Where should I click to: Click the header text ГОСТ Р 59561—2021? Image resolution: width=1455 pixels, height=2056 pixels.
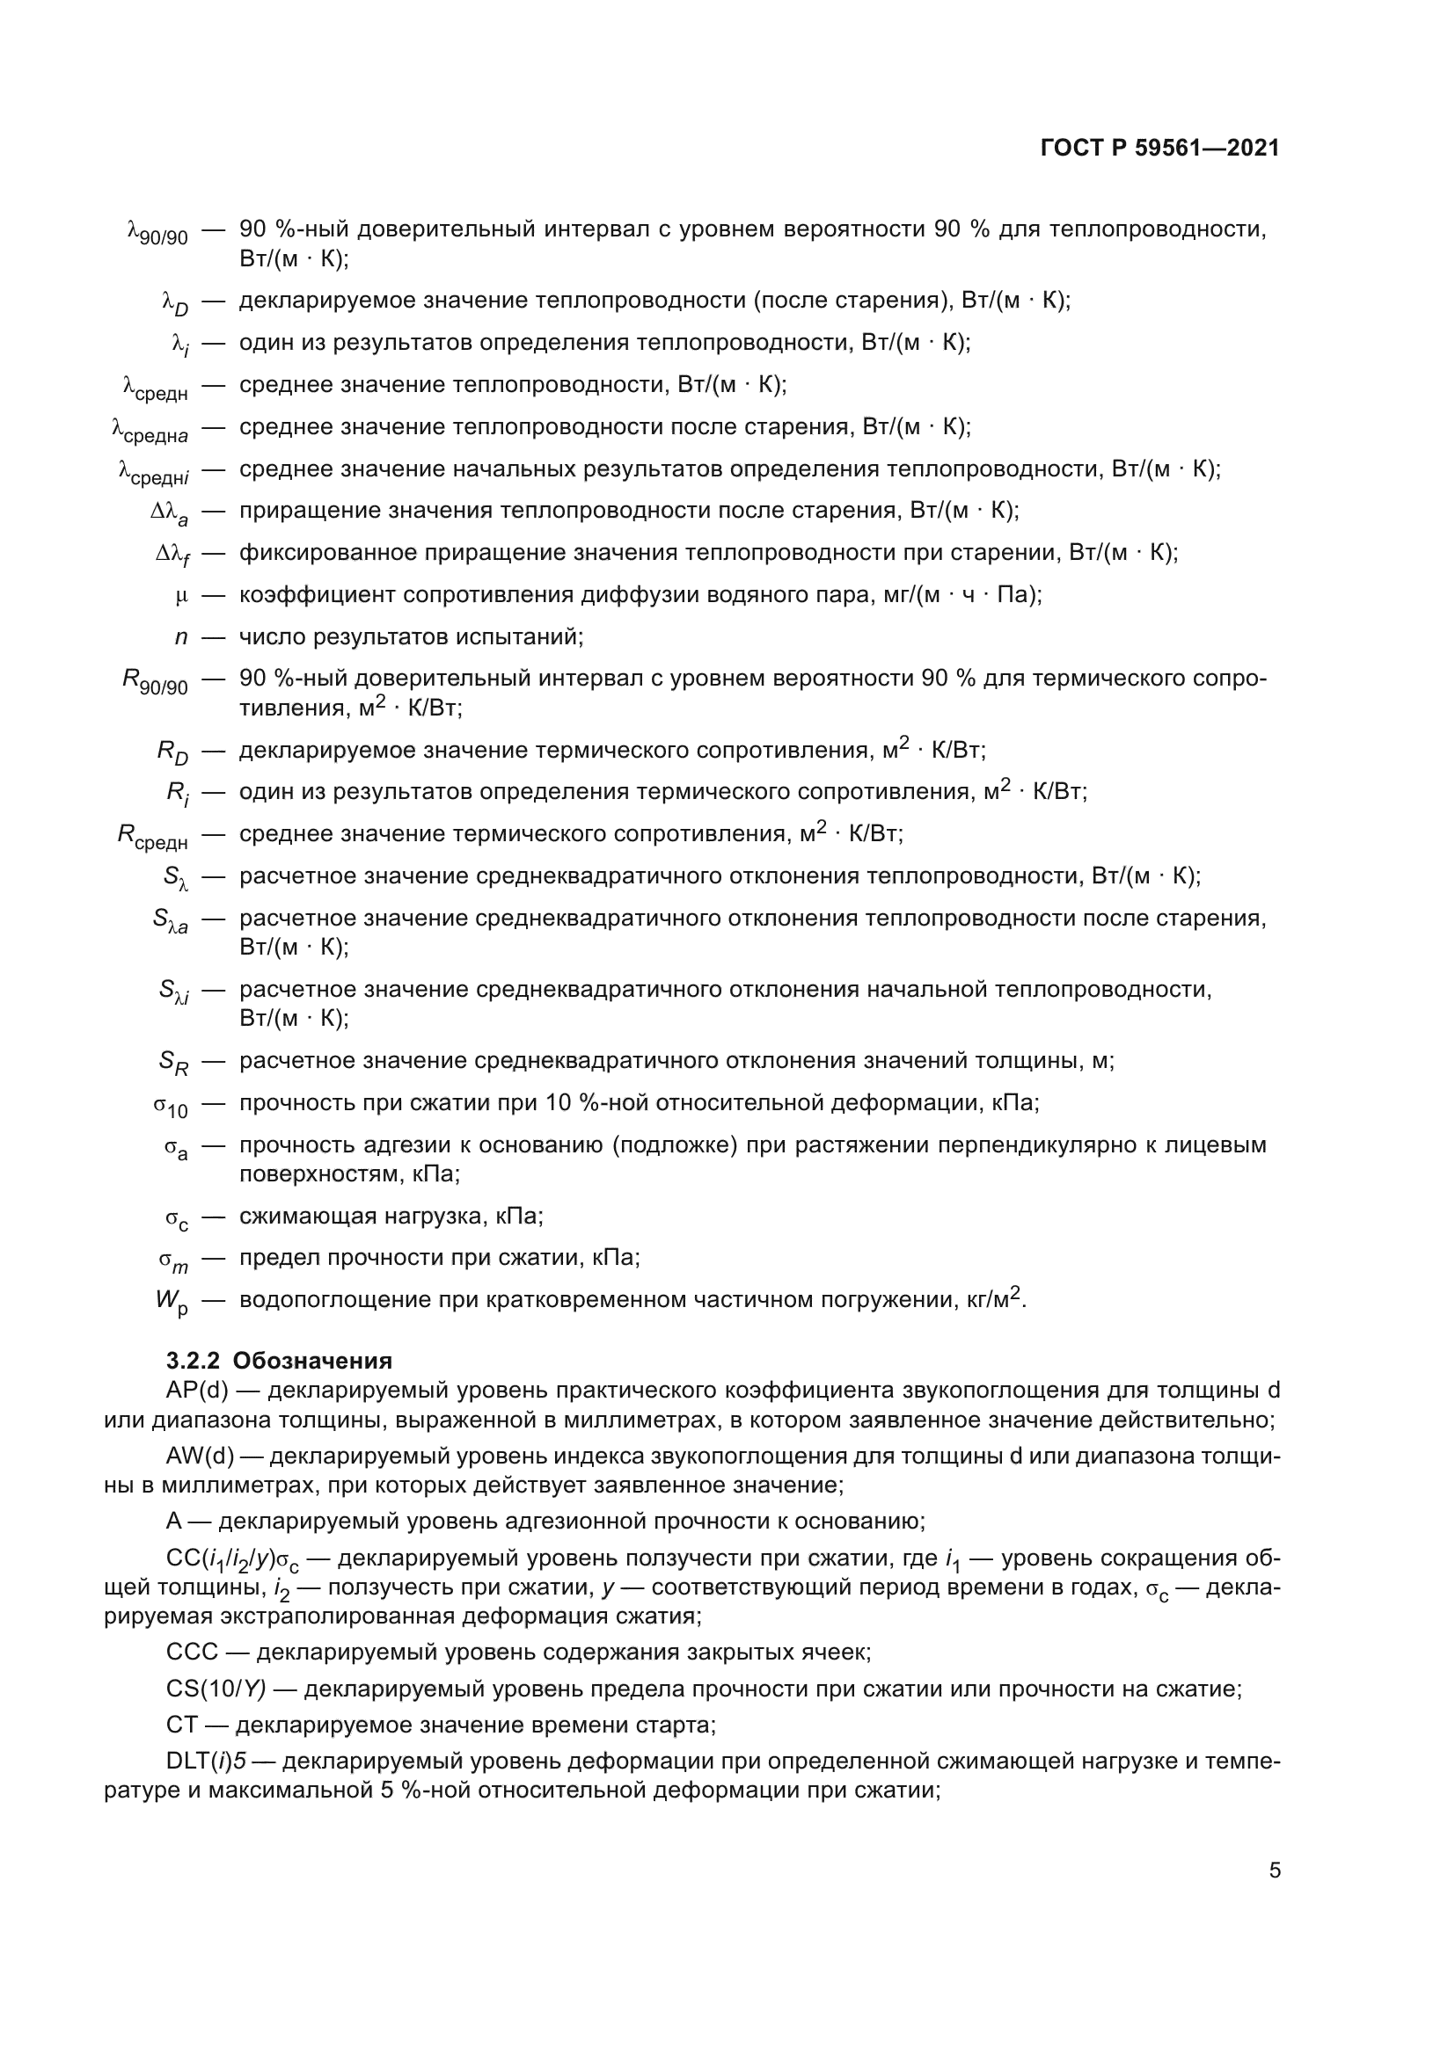[x=1159, y=149]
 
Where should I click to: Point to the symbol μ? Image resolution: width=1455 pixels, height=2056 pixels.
[x=182, y=595]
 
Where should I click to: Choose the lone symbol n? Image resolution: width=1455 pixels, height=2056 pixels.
[x=181, y=637]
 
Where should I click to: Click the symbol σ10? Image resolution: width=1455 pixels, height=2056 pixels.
[x=171, y=1107]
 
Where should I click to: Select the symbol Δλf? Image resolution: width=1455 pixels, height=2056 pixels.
[x=172, y=556]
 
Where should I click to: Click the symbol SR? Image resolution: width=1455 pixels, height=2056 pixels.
[x=174, y=1063]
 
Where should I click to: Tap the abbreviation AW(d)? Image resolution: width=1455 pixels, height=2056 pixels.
[x=200, y=1456]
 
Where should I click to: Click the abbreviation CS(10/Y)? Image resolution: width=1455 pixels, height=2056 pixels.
[x=216, y=1689]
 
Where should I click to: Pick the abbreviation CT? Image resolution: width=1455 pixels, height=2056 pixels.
[x=181, y=1725]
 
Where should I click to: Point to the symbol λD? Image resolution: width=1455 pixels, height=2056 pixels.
[x=175, y=302]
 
